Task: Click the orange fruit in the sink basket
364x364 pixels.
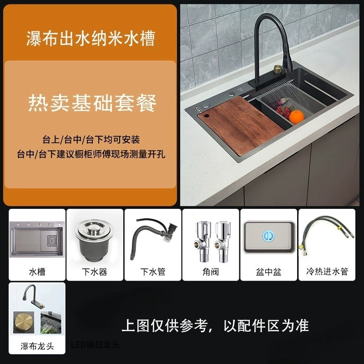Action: [297, 117]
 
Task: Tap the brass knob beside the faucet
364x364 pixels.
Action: [278, 69]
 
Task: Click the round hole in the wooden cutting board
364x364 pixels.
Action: [207, 116]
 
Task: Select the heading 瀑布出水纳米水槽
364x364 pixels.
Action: [91, 38]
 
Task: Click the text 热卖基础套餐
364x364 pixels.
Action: [92, 103]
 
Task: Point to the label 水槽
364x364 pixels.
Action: [37, 272]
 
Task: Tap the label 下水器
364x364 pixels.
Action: [95, 272]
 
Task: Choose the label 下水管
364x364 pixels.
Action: [153, 272]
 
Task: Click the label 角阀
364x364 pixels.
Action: [211, 272]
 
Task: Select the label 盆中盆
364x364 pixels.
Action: [268, 272]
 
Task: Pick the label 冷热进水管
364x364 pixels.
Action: [327, 271]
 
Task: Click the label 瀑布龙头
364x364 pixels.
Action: [37, 346]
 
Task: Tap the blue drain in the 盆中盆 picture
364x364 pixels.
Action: [268, 236]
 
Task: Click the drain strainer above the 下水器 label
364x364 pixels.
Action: [94, 240]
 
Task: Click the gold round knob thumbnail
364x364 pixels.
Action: [24, 323]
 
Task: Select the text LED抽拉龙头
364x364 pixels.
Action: [96, 345]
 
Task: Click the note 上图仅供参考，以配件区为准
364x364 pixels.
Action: [215, 326]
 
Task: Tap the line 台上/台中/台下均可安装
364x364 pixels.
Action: [91, 140]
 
